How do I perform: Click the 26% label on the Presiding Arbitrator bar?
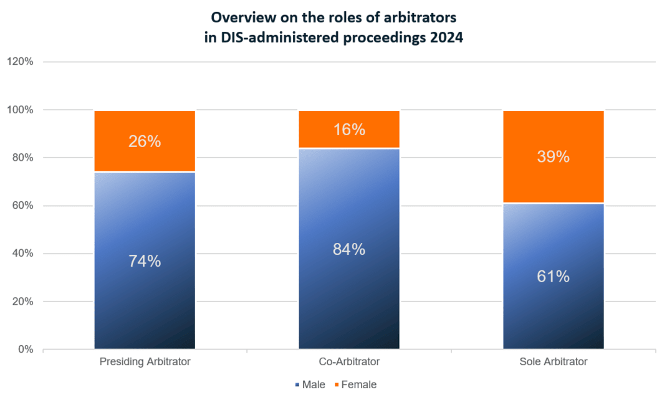[x=145, y=141]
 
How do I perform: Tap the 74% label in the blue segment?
[x=145, y=261]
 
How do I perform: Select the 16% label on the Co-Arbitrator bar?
[x=349, y=130]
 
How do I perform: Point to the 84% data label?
[x=349, y=249]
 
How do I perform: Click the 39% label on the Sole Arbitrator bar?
[x=554, y=157]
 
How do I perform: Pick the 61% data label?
[x=554, y=277]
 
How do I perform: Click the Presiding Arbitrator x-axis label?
[x=145, y=361]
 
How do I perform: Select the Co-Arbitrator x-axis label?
[x=349, y=361]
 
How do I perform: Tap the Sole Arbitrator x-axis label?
[x=554, y=361]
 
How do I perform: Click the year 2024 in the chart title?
[x=447, y=37]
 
